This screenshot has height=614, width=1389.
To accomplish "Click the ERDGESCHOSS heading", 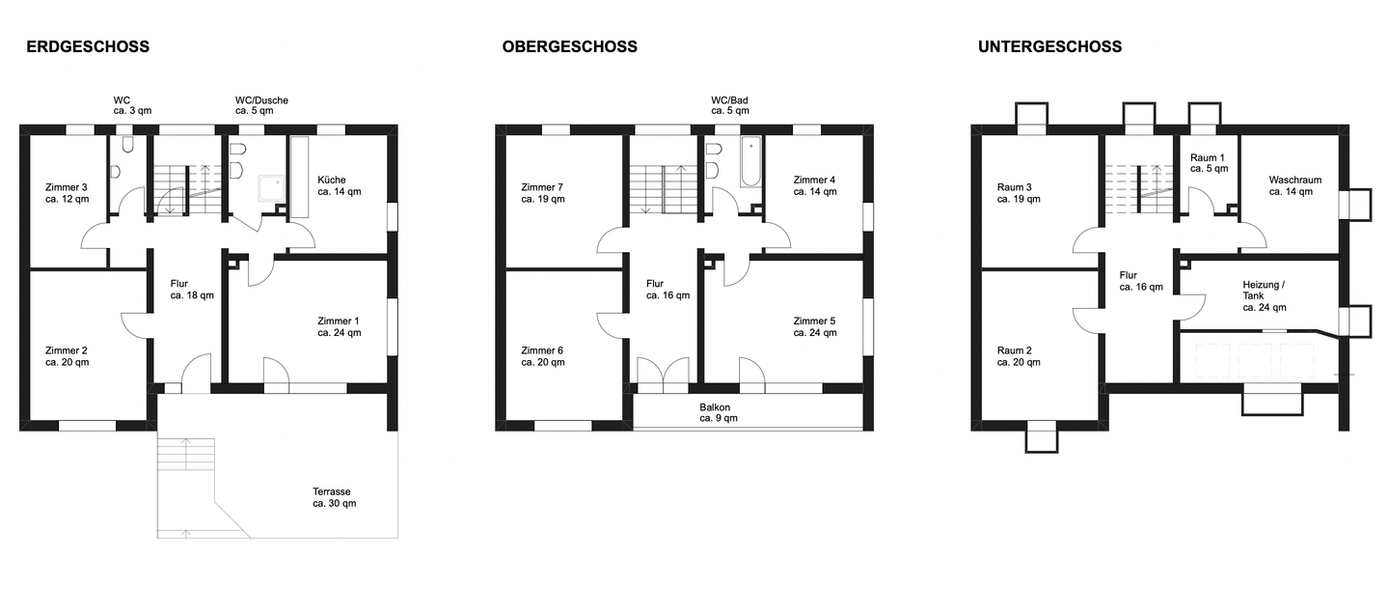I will point(88,46).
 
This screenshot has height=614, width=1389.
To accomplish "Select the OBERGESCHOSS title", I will point(569,46).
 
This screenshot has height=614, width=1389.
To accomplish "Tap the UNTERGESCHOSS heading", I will point(1049,46).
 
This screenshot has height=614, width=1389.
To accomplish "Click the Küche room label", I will point(339,185).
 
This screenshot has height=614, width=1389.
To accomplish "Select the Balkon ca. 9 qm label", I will point(715,413).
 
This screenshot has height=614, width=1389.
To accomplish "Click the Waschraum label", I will point(1294,185).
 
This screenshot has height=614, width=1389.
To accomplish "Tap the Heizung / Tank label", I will point(1265,295).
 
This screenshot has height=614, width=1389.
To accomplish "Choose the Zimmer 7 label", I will point(542,193).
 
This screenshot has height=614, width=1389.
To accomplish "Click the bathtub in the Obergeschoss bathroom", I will point(750,161).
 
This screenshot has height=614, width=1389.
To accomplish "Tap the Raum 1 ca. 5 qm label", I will point(1209,162).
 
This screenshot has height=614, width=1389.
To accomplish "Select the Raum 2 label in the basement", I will point(1018,356).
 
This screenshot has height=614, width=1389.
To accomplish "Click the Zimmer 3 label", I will point(67,193).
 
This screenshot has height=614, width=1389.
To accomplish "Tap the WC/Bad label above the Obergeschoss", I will point(730,105).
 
